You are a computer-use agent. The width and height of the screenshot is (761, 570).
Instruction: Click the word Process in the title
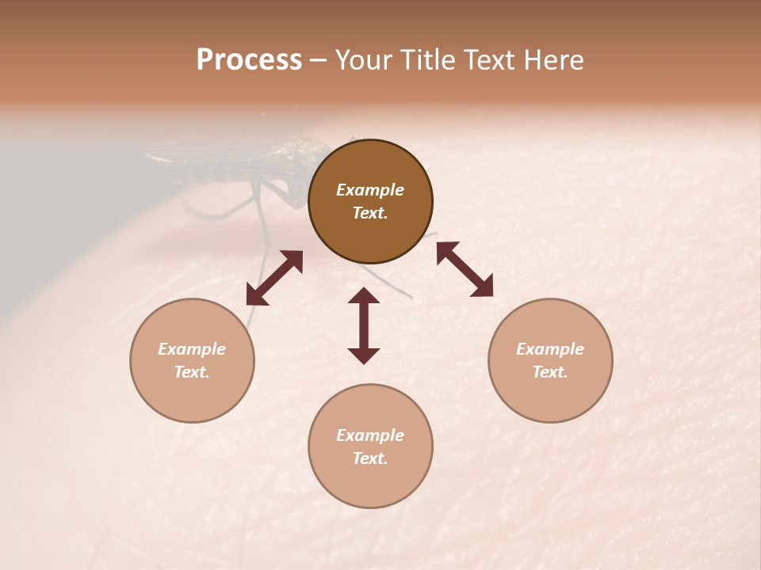(249, 60)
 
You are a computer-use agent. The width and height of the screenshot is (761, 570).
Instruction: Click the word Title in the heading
(428, 60)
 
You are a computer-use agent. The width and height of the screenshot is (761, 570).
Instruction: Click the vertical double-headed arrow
(364, 325)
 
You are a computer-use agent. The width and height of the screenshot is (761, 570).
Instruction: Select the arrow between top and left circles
(274, 278)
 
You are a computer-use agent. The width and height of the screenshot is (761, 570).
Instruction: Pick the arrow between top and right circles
(465, 269)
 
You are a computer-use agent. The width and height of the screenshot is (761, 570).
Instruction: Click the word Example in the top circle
(370, 190)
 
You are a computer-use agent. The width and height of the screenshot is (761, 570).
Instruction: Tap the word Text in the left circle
(192, 372)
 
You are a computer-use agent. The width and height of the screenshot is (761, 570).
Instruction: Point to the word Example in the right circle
(550, 349)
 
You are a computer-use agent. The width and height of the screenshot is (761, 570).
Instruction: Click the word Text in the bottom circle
(370, 458)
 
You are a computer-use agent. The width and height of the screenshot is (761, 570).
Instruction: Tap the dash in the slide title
(319, 62)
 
